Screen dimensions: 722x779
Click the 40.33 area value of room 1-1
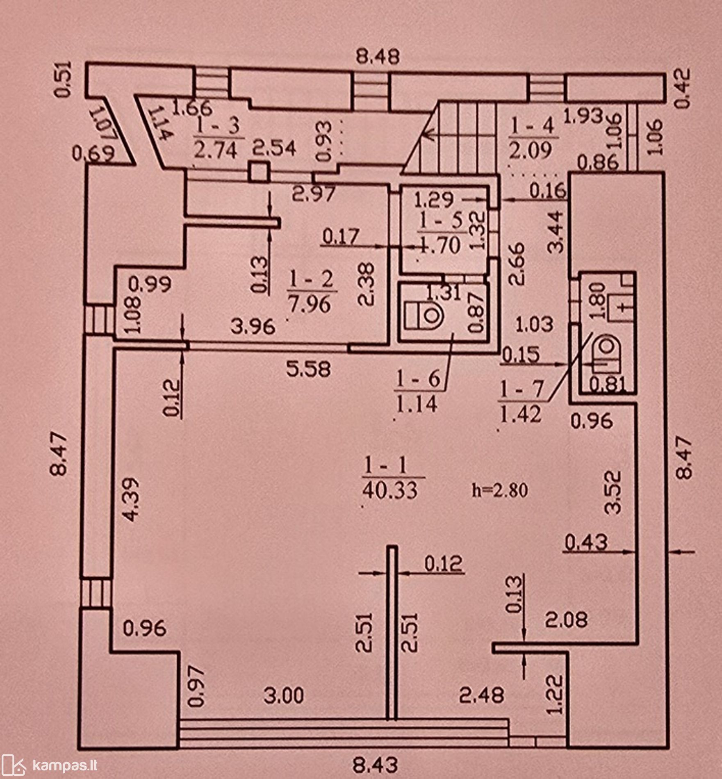(x=390, y=490)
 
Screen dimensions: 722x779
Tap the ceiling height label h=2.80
(x=500, y=490)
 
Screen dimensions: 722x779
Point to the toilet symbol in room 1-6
(x=425, y=316)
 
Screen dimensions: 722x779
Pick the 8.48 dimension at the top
(x=378, y=57)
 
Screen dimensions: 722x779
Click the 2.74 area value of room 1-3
(x=216, y=150)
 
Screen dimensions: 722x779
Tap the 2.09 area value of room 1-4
(x=534, y=150)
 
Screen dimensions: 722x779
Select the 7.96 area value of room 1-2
(x=310, y=304)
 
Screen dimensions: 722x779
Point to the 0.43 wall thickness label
(x=586, y=542)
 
